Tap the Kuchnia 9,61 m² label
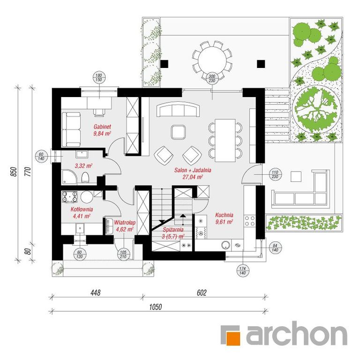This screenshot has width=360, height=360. [x=225, y=218]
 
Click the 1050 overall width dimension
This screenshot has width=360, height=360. [x=156, y=307]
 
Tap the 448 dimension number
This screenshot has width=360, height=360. [x=96, y=292]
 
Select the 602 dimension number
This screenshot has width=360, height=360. [x=202, y=292]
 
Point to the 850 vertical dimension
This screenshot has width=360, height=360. [x=14, y=172]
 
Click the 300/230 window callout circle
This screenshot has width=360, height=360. [x=212, y=79]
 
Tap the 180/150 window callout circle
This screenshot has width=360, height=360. [x=98, y=77]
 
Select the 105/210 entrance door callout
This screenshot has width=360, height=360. [x=123, y=255]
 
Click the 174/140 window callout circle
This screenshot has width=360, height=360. [x=242, y=270]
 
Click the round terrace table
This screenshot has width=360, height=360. [x=212, y=60]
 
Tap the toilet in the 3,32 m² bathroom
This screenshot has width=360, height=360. [x=85, y=178]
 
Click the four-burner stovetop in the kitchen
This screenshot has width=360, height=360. [x=250, y=220]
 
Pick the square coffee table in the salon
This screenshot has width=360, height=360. [x=178, y=132]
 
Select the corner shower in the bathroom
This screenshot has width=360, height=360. [x=68, y=177]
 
